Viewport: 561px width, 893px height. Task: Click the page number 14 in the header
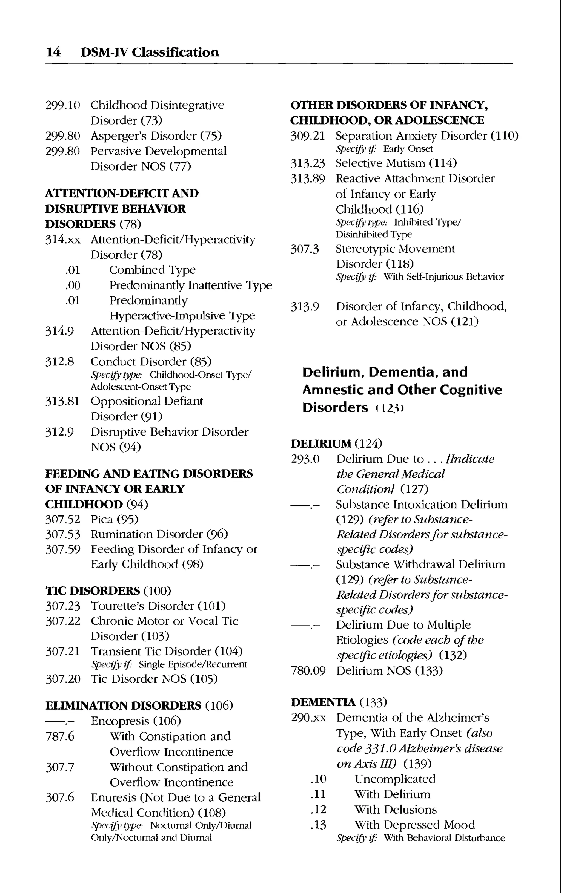53,52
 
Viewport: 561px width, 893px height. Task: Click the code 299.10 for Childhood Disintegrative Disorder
62,105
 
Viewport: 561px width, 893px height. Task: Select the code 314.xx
62,240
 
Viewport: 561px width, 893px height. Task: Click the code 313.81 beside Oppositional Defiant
62,401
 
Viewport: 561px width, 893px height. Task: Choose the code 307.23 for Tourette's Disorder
62,606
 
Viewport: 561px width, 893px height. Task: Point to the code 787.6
59,736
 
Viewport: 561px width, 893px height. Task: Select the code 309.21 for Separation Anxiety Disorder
308,136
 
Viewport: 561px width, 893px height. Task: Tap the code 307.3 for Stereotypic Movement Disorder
304,249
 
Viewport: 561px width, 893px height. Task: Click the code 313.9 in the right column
304,307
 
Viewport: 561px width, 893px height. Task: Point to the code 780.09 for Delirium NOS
308,671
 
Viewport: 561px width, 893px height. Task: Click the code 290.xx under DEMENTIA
308,718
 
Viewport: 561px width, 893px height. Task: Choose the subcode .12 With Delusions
318,810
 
